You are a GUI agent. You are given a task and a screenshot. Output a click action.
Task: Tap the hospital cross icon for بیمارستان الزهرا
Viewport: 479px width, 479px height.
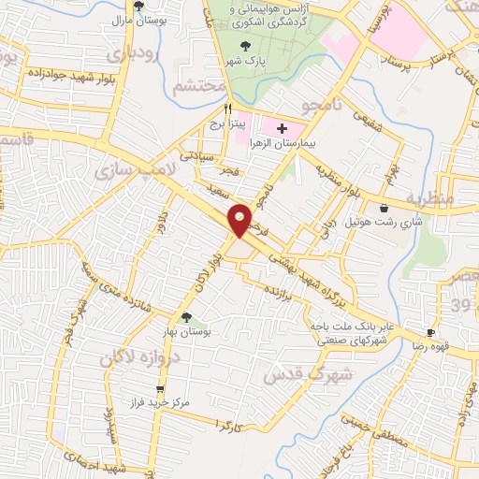[x=283, y=126]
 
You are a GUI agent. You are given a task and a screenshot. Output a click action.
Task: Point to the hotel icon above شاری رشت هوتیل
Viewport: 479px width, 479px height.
[x=385, y=209]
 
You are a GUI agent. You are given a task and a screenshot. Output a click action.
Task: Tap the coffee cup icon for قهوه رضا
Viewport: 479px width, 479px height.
[x=430, y=332]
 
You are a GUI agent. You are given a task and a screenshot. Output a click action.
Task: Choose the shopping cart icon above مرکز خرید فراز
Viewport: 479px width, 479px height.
[x=160, y=388]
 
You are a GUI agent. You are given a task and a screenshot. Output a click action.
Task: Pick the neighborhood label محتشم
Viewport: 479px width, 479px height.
[x=201, y=87]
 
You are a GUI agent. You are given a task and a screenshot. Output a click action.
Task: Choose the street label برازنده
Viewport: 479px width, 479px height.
[x=284, y=293]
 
